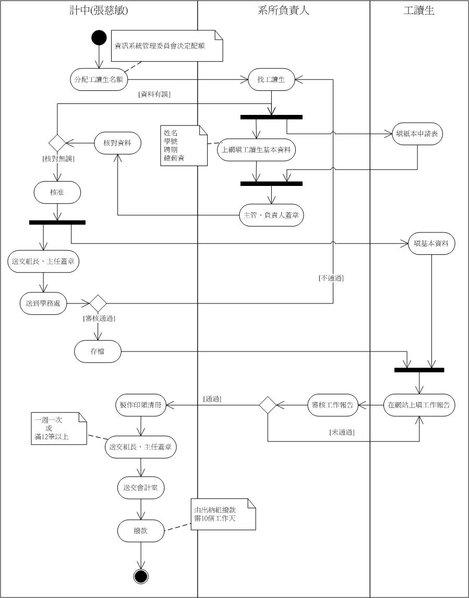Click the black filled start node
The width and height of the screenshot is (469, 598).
pos(99,38)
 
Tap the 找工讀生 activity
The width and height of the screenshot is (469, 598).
pos(271,79)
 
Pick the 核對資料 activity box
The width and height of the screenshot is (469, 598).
pos(118,143)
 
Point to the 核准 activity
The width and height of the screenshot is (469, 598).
pos(57,193)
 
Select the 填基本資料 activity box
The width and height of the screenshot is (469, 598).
pos(431,243)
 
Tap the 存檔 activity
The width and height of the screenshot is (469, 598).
pos(98,351)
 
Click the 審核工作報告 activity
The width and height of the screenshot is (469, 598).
pos(332,405)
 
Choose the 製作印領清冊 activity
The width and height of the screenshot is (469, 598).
pos(140,405)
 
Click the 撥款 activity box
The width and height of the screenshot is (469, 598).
pos(141,531)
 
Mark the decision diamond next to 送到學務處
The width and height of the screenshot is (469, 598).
pos(98,303)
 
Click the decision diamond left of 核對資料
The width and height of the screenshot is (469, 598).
pos(57,143)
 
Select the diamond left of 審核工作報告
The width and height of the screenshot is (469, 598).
pos(268,405)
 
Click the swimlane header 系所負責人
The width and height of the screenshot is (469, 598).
pos(284,10)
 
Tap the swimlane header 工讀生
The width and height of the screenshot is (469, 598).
pos(419,10)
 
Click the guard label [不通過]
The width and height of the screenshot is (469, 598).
pos(331,278)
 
